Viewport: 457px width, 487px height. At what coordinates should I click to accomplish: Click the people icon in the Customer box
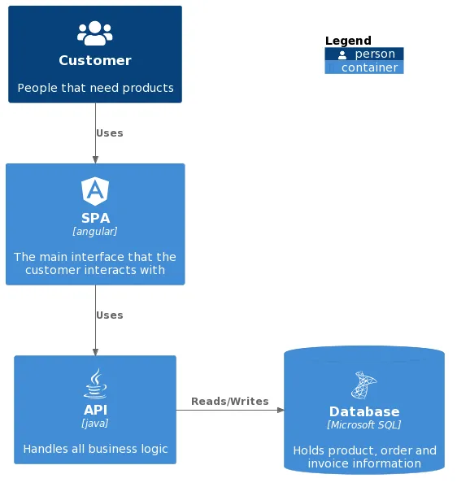point(95,33)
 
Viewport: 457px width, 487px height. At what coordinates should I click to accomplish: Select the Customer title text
point(95,60)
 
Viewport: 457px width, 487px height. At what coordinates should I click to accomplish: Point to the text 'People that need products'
point(95,88)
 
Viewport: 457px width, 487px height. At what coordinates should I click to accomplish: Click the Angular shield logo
point(95,191)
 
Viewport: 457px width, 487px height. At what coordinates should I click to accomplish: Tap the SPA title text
point(95,218)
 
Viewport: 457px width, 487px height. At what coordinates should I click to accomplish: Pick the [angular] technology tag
point(95,232)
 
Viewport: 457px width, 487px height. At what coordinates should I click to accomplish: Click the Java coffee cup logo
point(95,383)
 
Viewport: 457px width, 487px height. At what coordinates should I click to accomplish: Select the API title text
point(95,410)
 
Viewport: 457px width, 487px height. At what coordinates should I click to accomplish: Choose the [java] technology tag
point(95,424)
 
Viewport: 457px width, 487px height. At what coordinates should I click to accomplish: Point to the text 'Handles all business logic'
point(95,449)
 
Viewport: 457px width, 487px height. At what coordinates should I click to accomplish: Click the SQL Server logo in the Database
point(364,385)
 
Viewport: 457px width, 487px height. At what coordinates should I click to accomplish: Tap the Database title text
point(364,411)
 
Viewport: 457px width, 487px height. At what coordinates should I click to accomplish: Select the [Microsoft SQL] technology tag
point(364,424)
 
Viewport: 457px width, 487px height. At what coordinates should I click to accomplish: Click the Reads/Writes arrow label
point(229,402)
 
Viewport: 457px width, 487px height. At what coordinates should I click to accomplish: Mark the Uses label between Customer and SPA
point(110,133)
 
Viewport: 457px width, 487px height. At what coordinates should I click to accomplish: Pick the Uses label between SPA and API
point(110,315)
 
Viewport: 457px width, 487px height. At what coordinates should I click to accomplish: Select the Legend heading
point(348,41)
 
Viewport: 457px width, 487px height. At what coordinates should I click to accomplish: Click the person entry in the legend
point(364,54)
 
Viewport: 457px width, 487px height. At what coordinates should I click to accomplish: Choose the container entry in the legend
point(364,67)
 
